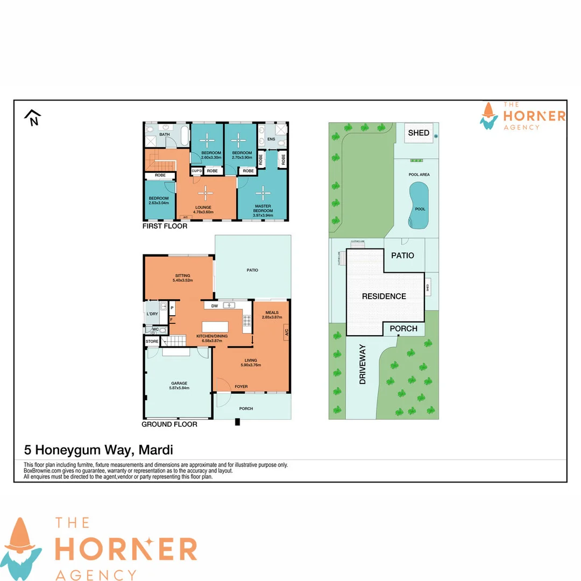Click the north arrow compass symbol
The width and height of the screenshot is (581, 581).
tap(33, 118)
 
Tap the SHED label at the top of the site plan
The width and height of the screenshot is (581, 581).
tap(419, 133)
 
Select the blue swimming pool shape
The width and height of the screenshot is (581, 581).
tap(419, 206)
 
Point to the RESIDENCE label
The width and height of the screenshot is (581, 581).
tap(384, 296)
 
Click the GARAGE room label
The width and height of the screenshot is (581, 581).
tap(179, 384)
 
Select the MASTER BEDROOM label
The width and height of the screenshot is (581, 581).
tap(263, 208)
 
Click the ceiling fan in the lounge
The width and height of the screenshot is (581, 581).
tap(204, 193)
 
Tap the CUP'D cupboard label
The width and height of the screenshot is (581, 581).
tap(196, 171)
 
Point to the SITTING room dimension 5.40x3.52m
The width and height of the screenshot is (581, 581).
tap(183, 280)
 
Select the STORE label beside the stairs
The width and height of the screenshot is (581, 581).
tap(151, 341)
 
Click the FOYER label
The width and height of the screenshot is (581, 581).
tap(241, 386)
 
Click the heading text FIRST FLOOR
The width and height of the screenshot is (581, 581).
tap(165, 226)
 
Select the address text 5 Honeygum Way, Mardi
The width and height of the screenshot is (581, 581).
tap(98, 449)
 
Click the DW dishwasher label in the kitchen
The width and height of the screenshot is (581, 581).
tap(215, 306)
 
